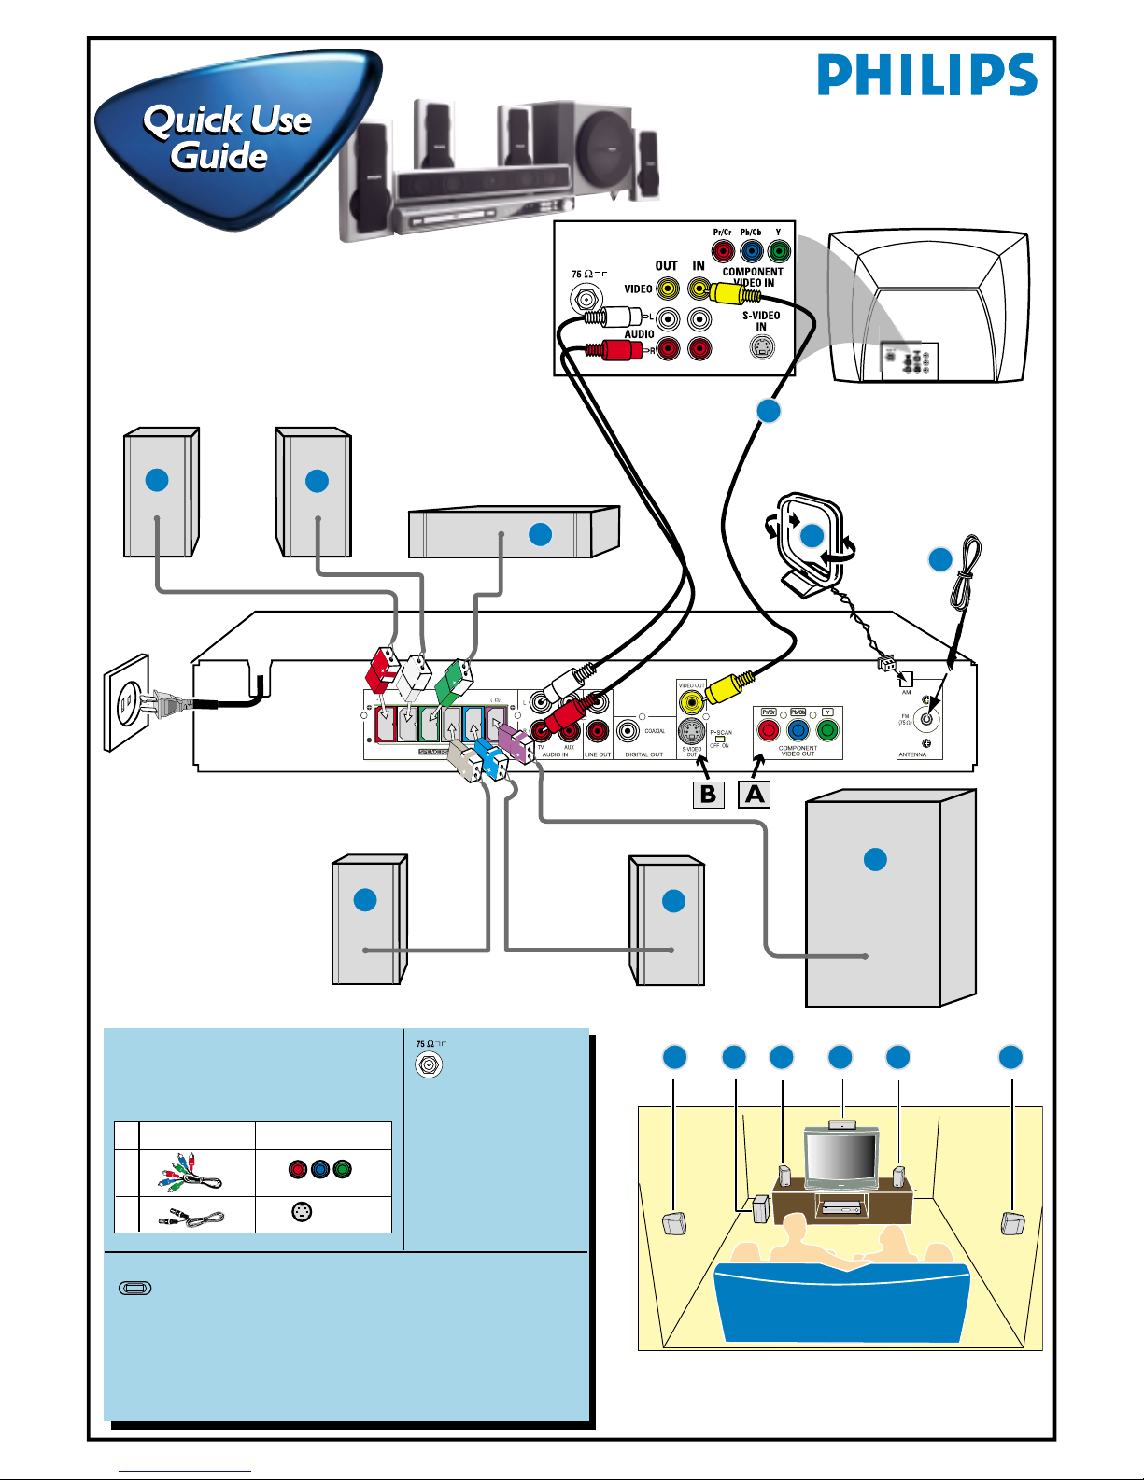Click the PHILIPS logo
pyautogui.click(x=926, y=75)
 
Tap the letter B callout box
pyautogui.click(x=708, y=795)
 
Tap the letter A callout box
pyautogui.click(x=755, y=795)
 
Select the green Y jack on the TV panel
pyautogui.click(x=778, y=251)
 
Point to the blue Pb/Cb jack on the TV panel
pyautogui.click(x=751, y=251)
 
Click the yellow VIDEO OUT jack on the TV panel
pyautogui.click(x=667, y=289)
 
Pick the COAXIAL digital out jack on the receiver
pyautogui.click(x=628, y=730)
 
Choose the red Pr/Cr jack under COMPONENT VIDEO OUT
pyautogui.click(x=769, y=730)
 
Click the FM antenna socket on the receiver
pyautogui.click(x=926, y=718)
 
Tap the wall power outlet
pyautogui.click(x=126, y=702)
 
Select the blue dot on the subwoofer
pyautogui.click(x=875, y=859)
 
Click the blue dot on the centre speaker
pyautogui.click(x=540, y=534)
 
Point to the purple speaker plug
pyautogui.click(x=513, y=744)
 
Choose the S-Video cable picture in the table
pyautogui.click(x=194, y=1217)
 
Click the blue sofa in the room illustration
pyautogui.click(x=840, y=1303)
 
